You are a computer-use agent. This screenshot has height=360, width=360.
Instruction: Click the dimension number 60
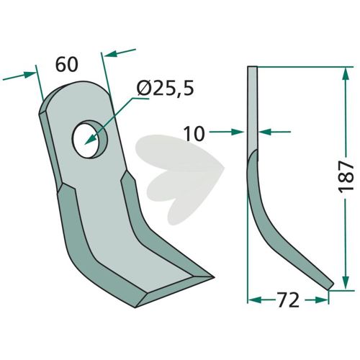pyautogui.click(x=67, y=65)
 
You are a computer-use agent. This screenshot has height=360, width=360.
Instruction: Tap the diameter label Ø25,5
pyautogui.click(x=165, y=89)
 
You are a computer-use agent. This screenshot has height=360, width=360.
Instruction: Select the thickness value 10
pyautogui.click(x=194, y=134)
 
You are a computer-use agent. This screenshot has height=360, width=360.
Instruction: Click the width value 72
pyautogui.click(x=288, y=300)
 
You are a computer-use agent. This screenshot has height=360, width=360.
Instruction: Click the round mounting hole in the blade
pyautogui.click(x=90, y=139)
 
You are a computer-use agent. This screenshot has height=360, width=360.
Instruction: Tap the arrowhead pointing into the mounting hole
pyautogui.click(x=89, y=140)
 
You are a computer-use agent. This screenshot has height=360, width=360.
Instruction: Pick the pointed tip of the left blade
pyautogui.click(x=213, y=277)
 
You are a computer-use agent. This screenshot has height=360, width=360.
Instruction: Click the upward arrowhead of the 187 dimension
pyautogui.click(x=345, y=74)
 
